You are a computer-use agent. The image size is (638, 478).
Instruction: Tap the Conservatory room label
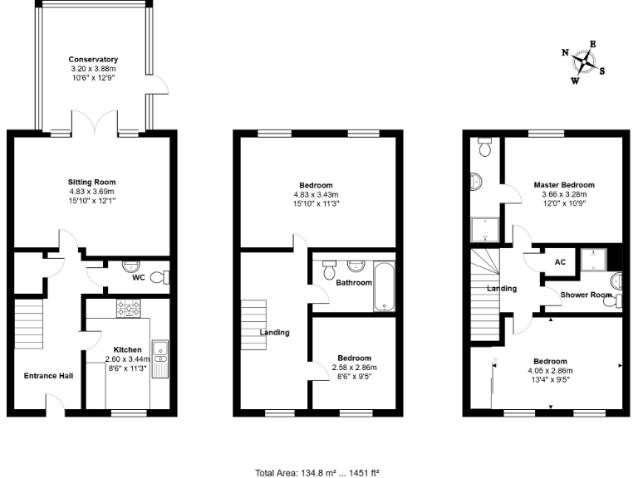tap(93, 60)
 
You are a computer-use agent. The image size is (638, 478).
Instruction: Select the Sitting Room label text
tap(92, 182)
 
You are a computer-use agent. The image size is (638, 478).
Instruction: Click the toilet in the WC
tap(163, 277)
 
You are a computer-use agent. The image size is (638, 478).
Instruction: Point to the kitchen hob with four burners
tap(129, 310)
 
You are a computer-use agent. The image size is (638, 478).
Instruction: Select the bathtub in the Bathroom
tap(385, 286)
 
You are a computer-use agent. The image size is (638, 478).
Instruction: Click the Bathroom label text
tap(354, 282)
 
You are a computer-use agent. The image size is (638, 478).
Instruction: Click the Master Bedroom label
tap(564, 185)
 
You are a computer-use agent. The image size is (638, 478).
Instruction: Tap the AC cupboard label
tap(560, 261)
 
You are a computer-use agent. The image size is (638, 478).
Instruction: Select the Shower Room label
tap(586, 295)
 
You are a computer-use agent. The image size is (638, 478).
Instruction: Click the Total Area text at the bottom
tap(318, 473)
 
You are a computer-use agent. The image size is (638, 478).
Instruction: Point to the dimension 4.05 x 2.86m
tap(550, 371)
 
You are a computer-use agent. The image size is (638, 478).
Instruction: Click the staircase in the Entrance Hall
tap(28, 324)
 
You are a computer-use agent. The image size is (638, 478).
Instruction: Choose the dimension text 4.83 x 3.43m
tap(317, 194)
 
